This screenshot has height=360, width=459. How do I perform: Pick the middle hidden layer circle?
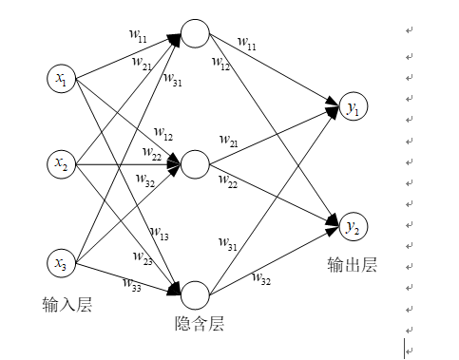[x=195, y=164]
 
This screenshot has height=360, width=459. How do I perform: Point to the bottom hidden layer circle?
[x=195, y=293]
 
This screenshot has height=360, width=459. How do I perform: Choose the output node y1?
[x=353, y=110]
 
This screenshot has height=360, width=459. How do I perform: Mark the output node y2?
[x=353, y=226]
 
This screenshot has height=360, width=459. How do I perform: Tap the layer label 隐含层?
[x=201, y=324]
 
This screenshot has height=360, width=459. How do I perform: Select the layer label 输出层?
[x=352, y=265]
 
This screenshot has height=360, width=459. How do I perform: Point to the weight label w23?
[x=143, y=256]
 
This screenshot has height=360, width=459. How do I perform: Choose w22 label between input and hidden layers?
[x=151, y=152]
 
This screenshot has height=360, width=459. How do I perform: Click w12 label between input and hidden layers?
[x=163, y=133]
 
